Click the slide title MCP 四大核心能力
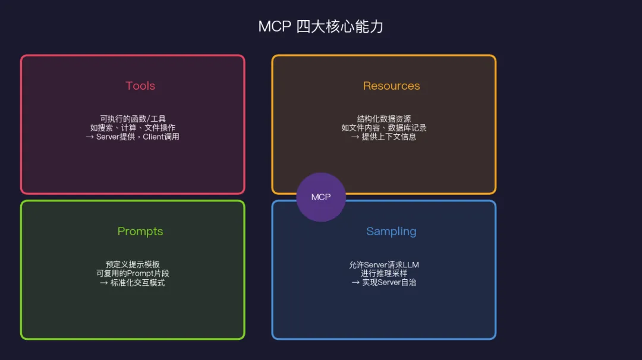(320, 27)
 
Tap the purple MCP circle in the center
(321, 197)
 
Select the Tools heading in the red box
(140, 86)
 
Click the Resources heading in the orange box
(391, 86)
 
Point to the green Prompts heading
(140, 231)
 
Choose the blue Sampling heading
(391, 231)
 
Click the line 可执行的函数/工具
(133, 119)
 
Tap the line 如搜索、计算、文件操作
(133, 128)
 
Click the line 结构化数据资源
(384, 119)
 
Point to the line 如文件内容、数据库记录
(384, 128)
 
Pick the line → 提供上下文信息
(384, 137)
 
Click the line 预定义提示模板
(133, 264)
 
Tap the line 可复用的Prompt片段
(133, 273)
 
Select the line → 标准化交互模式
(133, 283)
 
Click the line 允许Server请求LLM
(384, 265)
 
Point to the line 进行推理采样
(384, 273)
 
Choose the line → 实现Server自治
(384, 283)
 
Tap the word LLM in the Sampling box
(411, 265)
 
